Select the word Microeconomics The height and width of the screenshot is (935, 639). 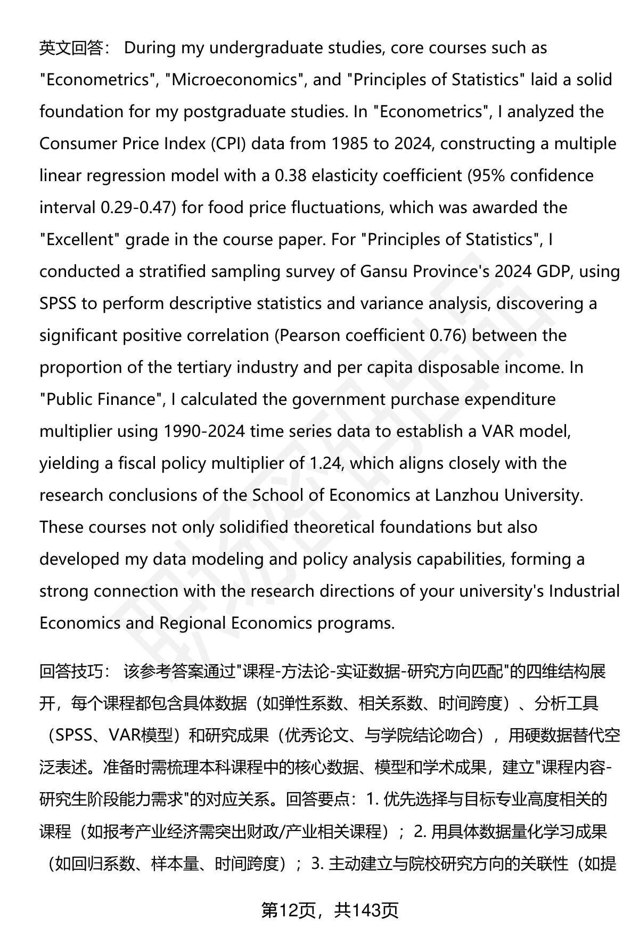coord(231,80)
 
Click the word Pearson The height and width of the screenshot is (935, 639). coord(312,336)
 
